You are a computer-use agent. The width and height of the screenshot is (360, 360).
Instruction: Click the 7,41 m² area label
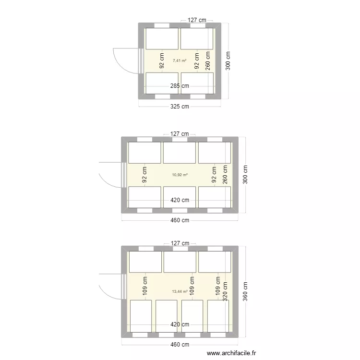click(180, 60)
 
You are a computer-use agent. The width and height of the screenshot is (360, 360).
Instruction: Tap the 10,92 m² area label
click(180, 175)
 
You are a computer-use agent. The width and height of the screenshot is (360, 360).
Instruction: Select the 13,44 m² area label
click(180, 291)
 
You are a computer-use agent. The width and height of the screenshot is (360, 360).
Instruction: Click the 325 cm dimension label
click(180, 106)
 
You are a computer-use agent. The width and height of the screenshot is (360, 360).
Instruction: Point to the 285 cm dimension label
click(180, 86)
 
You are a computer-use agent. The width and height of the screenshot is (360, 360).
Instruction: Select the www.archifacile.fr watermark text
click(232, 353)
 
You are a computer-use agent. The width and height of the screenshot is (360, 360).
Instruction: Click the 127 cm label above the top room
click(197, 20)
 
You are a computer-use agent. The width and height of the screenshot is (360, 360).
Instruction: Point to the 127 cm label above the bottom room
click(180, 243)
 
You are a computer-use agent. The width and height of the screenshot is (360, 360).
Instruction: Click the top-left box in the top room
click(162, 38)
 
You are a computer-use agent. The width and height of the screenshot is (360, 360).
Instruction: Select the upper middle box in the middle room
click(179, 153)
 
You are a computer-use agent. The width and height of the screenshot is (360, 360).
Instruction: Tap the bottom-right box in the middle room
click(215, 197)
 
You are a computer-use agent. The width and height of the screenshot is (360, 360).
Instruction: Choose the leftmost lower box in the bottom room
click(141, 316)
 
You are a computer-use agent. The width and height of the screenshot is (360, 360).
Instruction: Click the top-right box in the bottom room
click(215, 262)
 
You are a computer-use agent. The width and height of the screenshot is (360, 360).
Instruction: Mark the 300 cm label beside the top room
click(228, 61)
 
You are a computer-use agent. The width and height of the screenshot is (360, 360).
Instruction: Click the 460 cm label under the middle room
click(180, 220)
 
